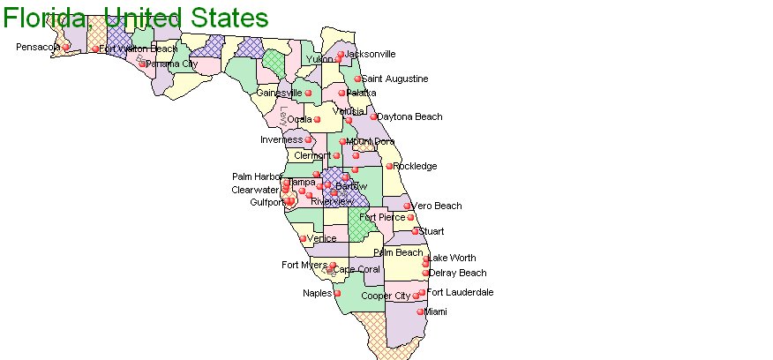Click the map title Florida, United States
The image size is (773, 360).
point(135,17)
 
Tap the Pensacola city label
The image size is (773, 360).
point(38,47)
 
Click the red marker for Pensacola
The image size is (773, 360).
point(65,47)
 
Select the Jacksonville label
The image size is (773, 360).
point(371,54)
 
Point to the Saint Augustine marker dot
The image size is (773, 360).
point(357,79)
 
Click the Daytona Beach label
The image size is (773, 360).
point(409,116)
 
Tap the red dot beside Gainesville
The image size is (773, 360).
point(309,93)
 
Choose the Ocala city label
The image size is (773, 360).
point(300,119)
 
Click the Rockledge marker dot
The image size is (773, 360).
point(389,166)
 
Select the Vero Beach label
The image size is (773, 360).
point(437,206)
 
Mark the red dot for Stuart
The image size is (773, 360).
point(415,231)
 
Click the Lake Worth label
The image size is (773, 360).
point(452,259)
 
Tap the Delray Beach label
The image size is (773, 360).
point(457,273)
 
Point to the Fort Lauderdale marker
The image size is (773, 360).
point(422,292)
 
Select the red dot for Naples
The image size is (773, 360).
point(337,293)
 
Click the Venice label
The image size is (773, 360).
point(322,238)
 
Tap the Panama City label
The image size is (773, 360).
point(172,64)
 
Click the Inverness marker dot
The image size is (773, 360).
point(309,139)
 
